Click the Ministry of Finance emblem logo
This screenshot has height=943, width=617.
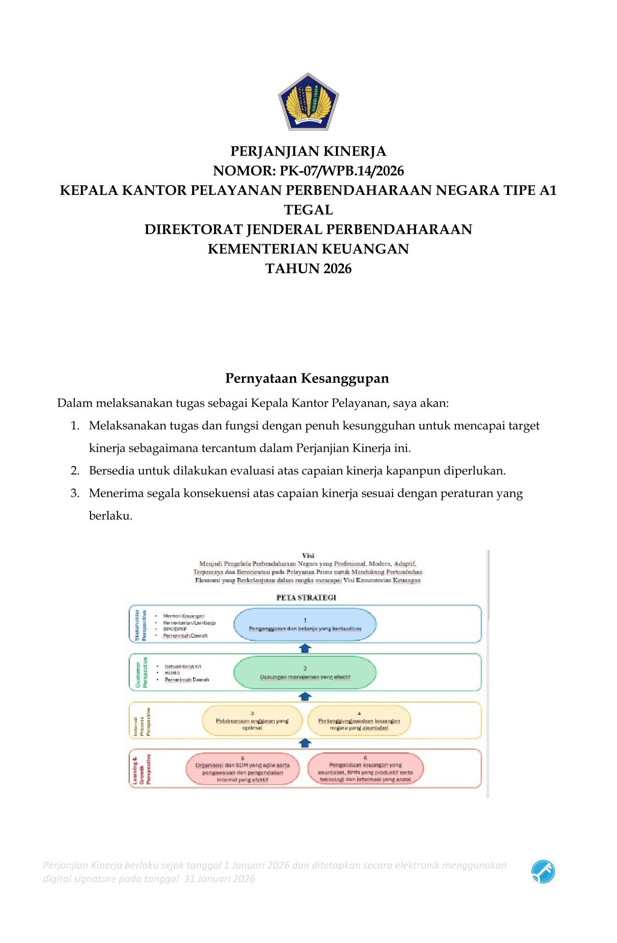[308, 102]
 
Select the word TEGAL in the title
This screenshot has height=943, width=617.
[308, 210]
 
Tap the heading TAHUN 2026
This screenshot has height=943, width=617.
[308, 268]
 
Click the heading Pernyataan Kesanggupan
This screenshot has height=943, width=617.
[307, 378]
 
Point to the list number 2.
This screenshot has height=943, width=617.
[75, 471]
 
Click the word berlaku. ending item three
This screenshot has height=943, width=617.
[110, 516]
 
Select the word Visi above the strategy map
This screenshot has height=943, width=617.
[308, 556]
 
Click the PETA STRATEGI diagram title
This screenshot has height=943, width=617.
[306, 597]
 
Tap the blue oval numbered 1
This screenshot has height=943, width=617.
[305, 624]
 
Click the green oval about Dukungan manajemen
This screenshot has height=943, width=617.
[305, 673]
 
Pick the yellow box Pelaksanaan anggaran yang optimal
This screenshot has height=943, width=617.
[252, 721]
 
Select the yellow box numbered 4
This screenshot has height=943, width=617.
[359, 721]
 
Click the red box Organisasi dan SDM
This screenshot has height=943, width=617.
[242, 769]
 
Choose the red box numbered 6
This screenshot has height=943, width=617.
[365, 769]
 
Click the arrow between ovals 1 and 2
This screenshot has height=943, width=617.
[305, 648]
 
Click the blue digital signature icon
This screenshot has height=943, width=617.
[542, 872]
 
